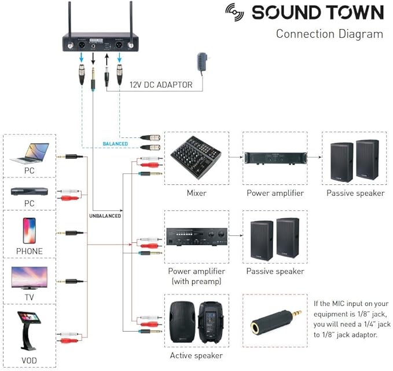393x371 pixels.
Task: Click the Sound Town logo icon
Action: click(x=236, y=12)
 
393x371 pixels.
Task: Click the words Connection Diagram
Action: click(x=329, y=34)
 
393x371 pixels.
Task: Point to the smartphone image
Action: click(x=29, y=230)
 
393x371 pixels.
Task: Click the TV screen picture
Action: click(x=29, y=278)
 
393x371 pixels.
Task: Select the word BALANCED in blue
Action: click(x=115, y=143)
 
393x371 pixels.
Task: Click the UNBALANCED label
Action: click(x=105, y=216)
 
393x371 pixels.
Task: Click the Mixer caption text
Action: click(x=197, y=193)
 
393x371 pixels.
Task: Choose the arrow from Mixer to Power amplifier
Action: click(x=236, y=157)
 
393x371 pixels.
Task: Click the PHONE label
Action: click(x=29, y=251)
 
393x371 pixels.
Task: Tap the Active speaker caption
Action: click(x=196, y=355)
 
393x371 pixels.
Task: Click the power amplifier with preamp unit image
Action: click(x=196, y=237)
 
